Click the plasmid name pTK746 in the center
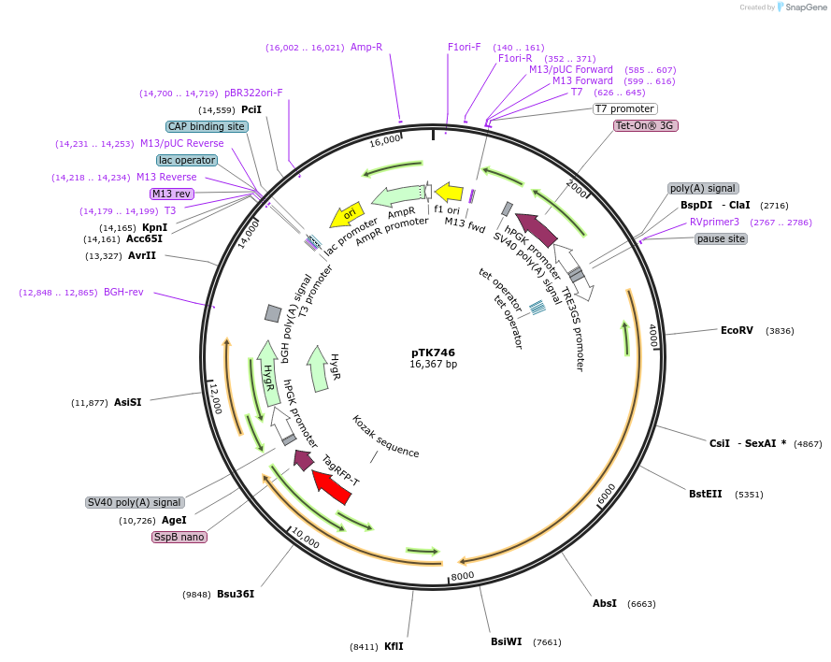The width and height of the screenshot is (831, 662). click(x=433, y=353)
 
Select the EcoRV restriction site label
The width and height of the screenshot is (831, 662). click(x=737, y=330)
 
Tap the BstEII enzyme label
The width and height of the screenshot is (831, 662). click(x=706, y=494)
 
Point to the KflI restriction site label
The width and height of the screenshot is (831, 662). click(x=394, y=646)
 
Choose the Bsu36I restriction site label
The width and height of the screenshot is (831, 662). click(x=236, y=594)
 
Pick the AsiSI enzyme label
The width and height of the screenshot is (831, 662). click(x=128, y=402)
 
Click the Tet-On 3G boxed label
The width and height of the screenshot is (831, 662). click(x=645, y=125)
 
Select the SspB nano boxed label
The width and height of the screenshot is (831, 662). click(x=179, y=537)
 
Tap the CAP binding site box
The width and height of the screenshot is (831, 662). click(x=207, y=126)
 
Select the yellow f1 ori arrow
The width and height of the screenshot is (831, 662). click(x=450, y=193)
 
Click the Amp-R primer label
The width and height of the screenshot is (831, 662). click(x=366, y=47)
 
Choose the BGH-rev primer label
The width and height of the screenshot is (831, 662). click(x=123, y=292)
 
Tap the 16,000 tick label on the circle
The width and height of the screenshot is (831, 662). click(x=385, y=141)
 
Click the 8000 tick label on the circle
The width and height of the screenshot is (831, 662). click(x=463, y=575)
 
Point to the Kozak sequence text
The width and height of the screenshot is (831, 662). click(x=386, y=437)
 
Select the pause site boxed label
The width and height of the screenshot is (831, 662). click(x=721, y=238)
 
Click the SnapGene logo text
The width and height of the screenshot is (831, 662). click(x=804, y=7)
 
